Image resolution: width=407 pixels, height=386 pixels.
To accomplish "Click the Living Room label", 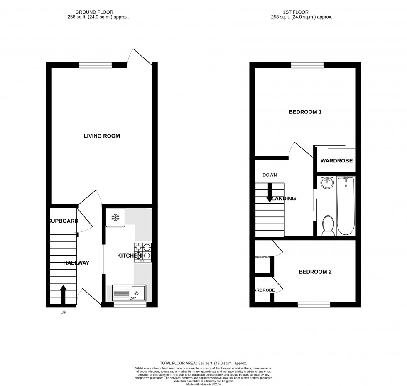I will pyautogui.click(x=101, y=136).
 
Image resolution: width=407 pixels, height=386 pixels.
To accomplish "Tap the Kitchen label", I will pyautogui.click(x=129, y=256).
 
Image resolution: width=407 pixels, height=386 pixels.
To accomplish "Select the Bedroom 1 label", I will pyautogui.click(x=305, y=112).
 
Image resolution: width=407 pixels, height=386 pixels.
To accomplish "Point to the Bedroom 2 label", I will pyautogui.click(x=315, y=272).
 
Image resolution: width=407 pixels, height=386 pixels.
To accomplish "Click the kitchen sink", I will pyautogui.click(x=128, y=292).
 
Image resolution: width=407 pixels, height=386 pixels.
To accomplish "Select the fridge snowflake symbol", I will pyautogui.click(x=115, y=217).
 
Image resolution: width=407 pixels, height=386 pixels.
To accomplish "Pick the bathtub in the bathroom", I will pyautogui.click(x=346, y=206).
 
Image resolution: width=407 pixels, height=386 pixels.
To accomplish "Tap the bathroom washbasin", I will pyautogui.click(x=327, y=183).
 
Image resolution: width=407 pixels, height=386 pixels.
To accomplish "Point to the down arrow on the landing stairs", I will pyautogui.click(x=270, y=193).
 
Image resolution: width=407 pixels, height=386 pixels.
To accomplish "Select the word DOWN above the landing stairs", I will pyautogui.click(x=270, y=175).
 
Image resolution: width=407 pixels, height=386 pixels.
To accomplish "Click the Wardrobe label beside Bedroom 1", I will pyautogui.click(x=336, y=160).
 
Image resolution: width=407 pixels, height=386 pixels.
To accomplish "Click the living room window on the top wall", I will pyautogui.click(x=96, y=64).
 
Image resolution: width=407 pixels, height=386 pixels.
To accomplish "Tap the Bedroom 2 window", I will pyautogui.click(x=314, y=305).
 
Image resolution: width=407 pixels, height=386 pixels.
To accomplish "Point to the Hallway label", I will pyautogui.click(x=76, y=263).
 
